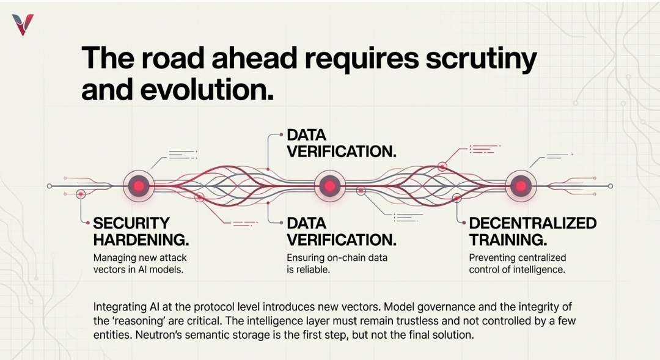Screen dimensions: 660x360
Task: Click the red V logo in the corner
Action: pos(23,24)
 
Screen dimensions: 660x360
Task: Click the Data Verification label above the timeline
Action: pos(341,143)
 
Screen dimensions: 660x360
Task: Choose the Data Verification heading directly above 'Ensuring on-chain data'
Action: pos(341,231)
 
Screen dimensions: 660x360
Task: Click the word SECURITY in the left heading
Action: pos(131,223)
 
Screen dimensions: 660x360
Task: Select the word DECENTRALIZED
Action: pos(532,223)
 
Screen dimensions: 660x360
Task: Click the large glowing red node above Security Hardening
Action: pos(139,185)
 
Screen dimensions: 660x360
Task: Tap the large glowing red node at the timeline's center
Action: pos(329,185)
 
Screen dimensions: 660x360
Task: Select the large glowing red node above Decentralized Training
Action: pos(520,185)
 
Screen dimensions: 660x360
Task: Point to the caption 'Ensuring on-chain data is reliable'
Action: pos(337,263)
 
